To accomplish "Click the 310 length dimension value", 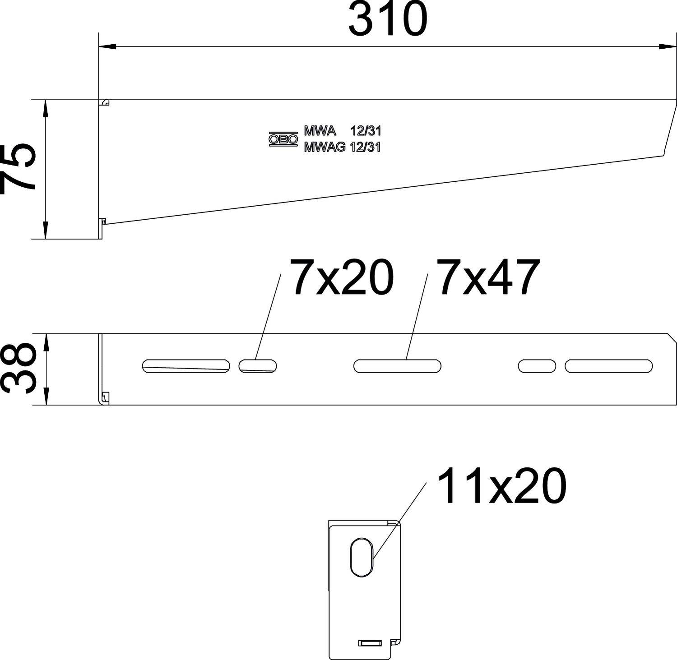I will point(387,19).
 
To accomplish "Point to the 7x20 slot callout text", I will point(342,277).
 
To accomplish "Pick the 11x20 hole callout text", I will point(501,485).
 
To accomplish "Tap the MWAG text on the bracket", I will point(325,147).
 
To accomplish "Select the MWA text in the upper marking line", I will point(320,131).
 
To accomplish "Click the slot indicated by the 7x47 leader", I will point(397,366).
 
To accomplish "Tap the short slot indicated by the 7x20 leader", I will point(258,365).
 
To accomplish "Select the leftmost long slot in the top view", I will point(186,366).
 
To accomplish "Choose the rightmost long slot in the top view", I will point(608,366).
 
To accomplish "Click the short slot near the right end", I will point(537,366).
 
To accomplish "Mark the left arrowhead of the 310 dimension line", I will point(106,46).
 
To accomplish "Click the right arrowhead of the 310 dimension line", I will point(668,46).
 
